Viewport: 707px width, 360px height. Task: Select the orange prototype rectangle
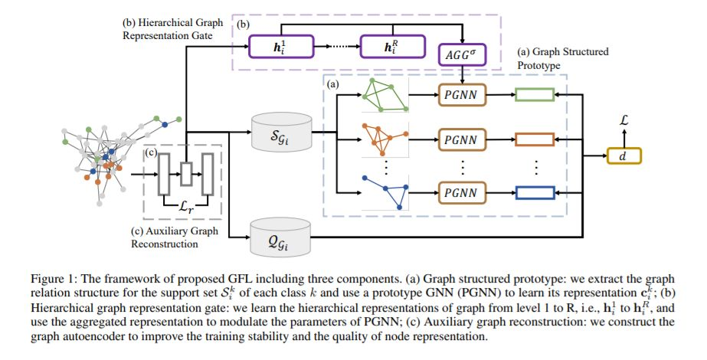click(536, 140)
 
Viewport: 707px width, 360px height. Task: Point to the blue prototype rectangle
click(536, 191)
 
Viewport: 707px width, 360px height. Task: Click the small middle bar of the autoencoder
click(184, 174)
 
